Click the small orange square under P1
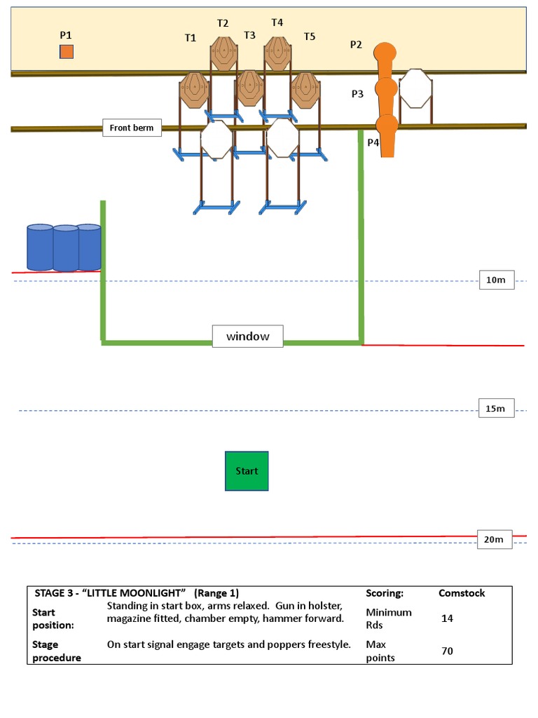pyautogui.click(x=66, y=51)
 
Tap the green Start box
pyautogui.click(x=247, y=471)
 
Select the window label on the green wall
pyautogui.click(x=247, y=337)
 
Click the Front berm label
pyautogui.click(x=132, y=128)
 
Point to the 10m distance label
pyautogui.click(x=496, y=280)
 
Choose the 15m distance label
pyautogui.click(x=496, y=408)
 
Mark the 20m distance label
pyautogui.click(x=494, y=539)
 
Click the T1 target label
pyautogui.click(x=191, y=38)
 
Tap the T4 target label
pyautogui.click(x=277, y=22)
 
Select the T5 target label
pyautogui.click(x=310, y=36)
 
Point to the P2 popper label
pyautogui.click(x=356, y=45)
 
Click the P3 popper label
pyautogui.click(x=357, y=93)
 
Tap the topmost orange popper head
pyautogui.click(x=385, y=53)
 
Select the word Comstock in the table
pyautogui.click(x=462, y=593)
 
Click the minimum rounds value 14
pyautogui.click(x=447, y=618)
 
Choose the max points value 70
pyautogui.click(x=447, y=651)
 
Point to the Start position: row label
pyautogui.click(x=53, y=618)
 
